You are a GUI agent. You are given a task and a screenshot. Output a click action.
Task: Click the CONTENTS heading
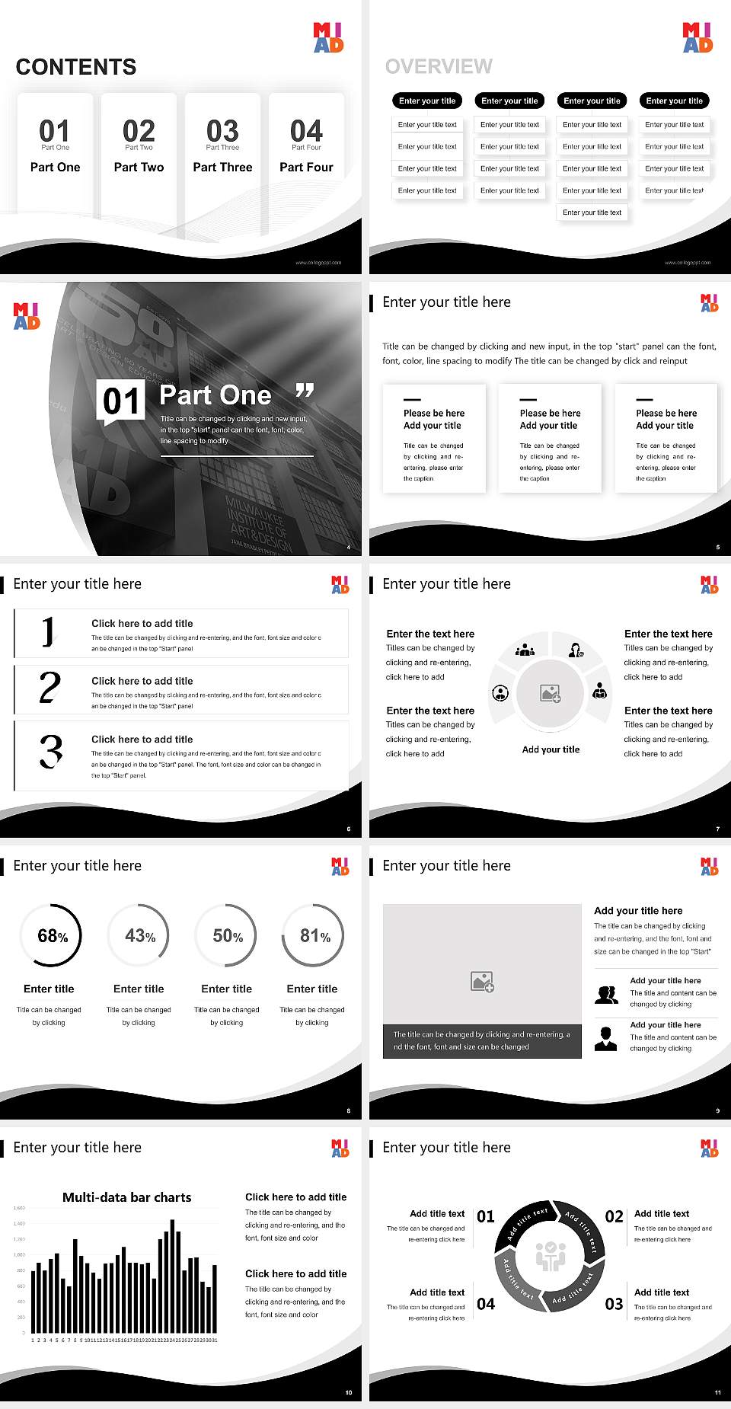click(x=76, y=67)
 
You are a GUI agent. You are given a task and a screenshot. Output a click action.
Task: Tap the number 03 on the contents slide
click(x=222, y=131)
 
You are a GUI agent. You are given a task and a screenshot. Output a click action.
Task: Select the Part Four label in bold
click(x=306, y=167)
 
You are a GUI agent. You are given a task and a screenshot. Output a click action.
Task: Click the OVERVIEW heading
click(x=439, y=67)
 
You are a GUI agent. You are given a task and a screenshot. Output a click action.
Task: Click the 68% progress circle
click(x=51, y=935)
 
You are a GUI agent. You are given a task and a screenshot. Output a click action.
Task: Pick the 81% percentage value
click(x=314, y=935)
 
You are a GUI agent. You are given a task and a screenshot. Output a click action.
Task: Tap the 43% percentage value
click(x=139, y=935)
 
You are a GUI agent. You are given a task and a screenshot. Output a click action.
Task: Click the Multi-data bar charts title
click(x=127, y=1197)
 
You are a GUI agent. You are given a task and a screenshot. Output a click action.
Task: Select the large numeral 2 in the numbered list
click(x=50, y=688)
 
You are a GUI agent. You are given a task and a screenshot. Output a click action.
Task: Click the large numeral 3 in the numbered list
click(x=51, y=751)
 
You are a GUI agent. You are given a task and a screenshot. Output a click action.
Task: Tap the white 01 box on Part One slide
click(x=122, y=401)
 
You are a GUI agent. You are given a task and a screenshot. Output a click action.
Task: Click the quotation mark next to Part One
click(x=305, y=391)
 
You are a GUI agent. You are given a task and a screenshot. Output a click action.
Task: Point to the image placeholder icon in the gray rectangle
click(x=483, y=982)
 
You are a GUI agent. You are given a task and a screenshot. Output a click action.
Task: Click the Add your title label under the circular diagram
click(x=551, y=749)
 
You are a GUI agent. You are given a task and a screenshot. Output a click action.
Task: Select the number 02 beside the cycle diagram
click(x=614, y=1216)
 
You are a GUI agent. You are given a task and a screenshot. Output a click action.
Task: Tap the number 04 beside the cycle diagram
click(x=486, y=1304)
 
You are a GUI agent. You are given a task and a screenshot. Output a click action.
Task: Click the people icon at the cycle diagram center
click(x=551, y=1256)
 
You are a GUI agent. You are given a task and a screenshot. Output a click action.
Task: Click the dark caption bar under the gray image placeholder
click(x=482, y=1040)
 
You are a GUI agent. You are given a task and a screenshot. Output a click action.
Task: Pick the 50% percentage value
click(x=228, y=935)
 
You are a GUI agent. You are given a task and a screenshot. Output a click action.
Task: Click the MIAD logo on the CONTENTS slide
click(x=328, y=37)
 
